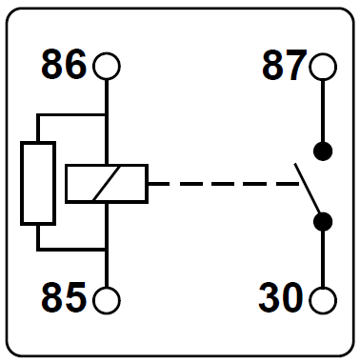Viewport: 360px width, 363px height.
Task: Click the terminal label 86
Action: tap(64, 65)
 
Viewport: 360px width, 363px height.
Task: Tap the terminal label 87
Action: tap(285, 65)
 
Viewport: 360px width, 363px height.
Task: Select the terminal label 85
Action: tap(64, 298)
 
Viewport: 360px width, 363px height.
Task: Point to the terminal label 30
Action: tap(281, 298)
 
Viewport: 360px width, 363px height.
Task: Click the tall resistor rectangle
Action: tap(21, 184)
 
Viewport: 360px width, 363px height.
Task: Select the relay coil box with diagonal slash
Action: tap(66, 184)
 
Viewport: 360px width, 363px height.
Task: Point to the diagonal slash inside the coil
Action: tap(107, 184)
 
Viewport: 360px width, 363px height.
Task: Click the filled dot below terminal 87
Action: tap(323, 151)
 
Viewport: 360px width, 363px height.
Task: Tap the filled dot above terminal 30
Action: tap(323, 221)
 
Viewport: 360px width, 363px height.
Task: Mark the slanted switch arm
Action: tap(307, 188)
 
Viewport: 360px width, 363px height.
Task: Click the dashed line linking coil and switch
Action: tap(224, 184)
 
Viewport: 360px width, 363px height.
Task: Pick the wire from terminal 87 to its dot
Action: tap(323, 111)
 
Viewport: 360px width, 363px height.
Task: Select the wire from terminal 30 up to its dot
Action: tap(323, 258)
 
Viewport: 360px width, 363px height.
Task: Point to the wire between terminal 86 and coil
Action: tap(107, 122)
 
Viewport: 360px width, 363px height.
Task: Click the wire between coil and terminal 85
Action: tap(107, 245)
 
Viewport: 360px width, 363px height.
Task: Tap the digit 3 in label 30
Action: tap(270, 298)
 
